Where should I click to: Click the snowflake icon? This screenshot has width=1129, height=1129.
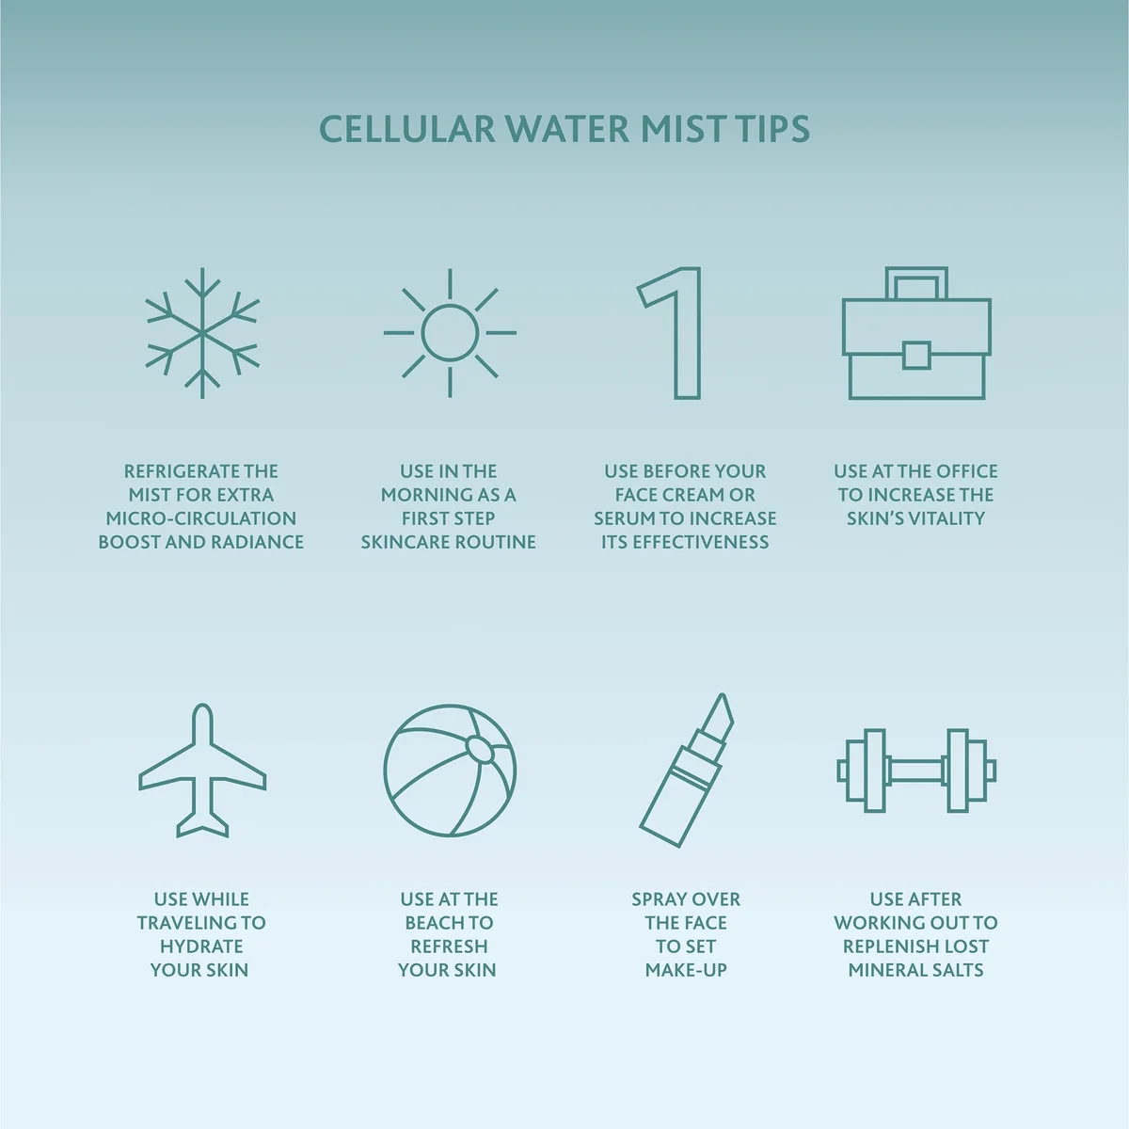202,333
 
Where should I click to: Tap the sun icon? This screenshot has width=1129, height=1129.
450,332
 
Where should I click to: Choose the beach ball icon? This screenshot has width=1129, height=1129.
450,771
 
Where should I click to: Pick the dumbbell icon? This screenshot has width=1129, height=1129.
915,771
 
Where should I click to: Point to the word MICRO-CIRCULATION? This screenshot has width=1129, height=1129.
201,518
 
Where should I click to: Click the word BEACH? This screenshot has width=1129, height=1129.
436,923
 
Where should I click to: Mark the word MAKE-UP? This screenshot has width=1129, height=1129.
686,970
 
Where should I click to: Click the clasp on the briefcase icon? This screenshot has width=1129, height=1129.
915,355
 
